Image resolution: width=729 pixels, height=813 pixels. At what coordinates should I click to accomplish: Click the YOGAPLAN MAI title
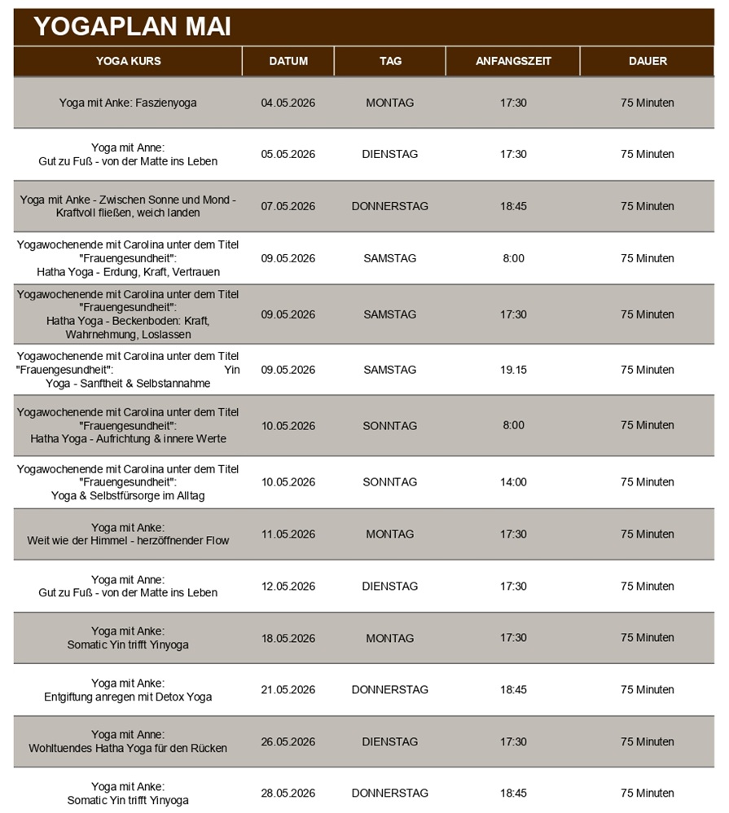133,27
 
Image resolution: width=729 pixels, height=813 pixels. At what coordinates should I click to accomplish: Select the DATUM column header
288,61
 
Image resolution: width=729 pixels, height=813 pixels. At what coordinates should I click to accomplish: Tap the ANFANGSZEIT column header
513,61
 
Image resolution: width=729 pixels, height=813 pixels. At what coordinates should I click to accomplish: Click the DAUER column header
648,61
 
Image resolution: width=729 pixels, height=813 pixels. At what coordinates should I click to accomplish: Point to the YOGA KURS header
128,61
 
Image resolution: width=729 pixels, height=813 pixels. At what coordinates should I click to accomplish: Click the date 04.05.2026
288,103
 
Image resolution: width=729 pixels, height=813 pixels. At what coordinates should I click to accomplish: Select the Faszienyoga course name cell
128,103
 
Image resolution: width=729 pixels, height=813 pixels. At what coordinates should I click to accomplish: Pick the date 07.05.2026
288,206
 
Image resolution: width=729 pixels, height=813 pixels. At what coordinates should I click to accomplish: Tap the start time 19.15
513,370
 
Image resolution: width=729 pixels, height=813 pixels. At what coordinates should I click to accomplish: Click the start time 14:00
513,482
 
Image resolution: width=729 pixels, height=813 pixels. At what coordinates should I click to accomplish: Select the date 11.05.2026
288,534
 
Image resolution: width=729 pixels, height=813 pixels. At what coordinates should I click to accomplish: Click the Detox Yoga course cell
128,690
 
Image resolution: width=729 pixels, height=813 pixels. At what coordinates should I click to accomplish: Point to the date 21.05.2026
288,690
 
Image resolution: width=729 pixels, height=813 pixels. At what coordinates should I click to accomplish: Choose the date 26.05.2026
288,742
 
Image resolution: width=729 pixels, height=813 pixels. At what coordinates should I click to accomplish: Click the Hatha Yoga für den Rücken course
128,742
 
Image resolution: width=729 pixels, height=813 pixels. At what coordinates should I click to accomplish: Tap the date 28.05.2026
288,793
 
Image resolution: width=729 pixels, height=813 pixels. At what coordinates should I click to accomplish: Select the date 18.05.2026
288,638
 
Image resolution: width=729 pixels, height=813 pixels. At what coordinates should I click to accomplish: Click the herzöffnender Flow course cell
128,534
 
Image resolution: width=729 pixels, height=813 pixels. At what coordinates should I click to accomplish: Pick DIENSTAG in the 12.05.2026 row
390,587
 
